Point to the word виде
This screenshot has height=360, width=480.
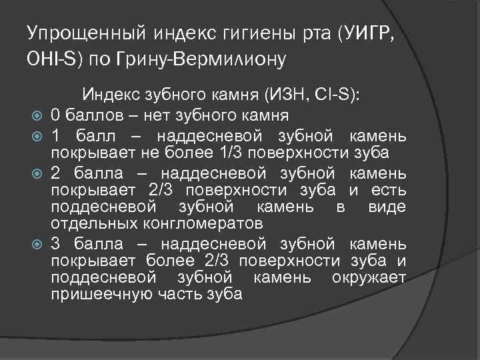(387, 206)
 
